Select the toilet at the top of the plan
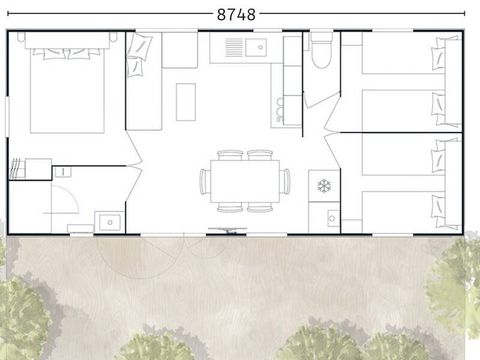tap(320, 55)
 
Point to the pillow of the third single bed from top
tap(438, 157)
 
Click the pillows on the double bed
tap(64, 47)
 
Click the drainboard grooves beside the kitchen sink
tap(232, 46)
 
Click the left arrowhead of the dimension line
tap(10, 15)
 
